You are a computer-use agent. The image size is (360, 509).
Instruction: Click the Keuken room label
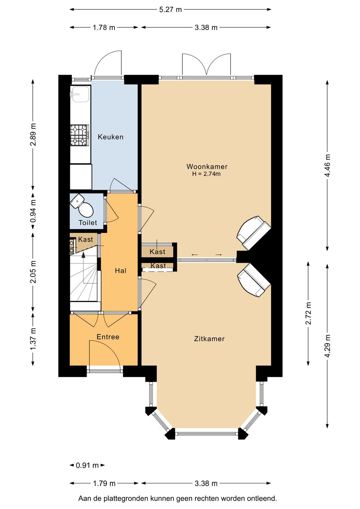pyautogui.click(x=111, y=137)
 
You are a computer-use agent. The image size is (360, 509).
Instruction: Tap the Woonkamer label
pyautogui.click(x=207, y=166)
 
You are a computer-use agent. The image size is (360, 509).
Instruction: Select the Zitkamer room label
pyautogui.click(x=209, y=339)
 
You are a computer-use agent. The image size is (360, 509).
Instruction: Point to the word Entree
pyautogui.click(x=108, y=337)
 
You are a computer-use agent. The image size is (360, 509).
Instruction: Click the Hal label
pyautogui.click(x=121, y=271)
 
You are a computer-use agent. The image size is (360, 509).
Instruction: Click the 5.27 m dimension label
pyautogui.click(x=170, y=10)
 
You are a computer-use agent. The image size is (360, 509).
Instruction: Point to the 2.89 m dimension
pyautogui.click(x=33, y=134)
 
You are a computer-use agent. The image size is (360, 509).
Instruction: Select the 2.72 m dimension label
pyautogui.click(x=308, y=314)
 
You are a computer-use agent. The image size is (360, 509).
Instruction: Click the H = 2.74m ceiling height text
pyautogui.click(x=206, y=174)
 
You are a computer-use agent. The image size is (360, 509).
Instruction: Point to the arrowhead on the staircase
pyautogui.click(x=83, y=255)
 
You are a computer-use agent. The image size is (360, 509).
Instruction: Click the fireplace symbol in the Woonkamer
pyautogui.click(x=254, y=233)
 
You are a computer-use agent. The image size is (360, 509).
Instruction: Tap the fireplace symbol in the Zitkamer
pyautogui.click(x=254, y=280)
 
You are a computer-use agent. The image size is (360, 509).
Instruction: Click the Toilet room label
pyautogui.click(x=88, y=223)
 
